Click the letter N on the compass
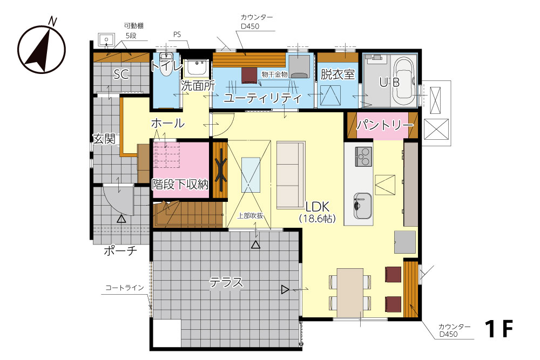pyautogui.click(x=52, y=22)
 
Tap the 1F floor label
pyautogui.click(x=499, y=329)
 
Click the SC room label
pyautogui.click(x=121, y=74)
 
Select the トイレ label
pyautogui.click(x=167, y=65)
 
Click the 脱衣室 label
pyautogui.click(x=337, y=74)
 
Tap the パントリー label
pyautogui.click(x=384, y=125)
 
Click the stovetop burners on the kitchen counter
pyautogui.click(x=363, y=157)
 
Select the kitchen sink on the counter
pyautogui.click(x=363, y=206)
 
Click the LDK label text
pyautogui.click(x=318, y=207)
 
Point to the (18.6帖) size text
pyautogui.click(x=317, y=219)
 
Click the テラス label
pyautogui.click(x=226, y=283)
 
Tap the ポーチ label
pyautogui.click(x=120, y=251)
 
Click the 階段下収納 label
pyautogui.click(x=180, y=185)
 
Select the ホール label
pyautogui.click(x=168, y=123)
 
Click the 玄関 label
pyautogui.click(x=104, y=139)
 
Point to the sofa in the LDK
pyautogui.click(x=291, y=175)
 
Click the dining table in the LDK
pyautogui.click(x=350, y=293)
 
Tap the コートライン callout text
pyautogui.click(x=125, y=288)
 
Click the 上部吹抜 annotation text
pyautogui.click(x=251, y=216)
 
